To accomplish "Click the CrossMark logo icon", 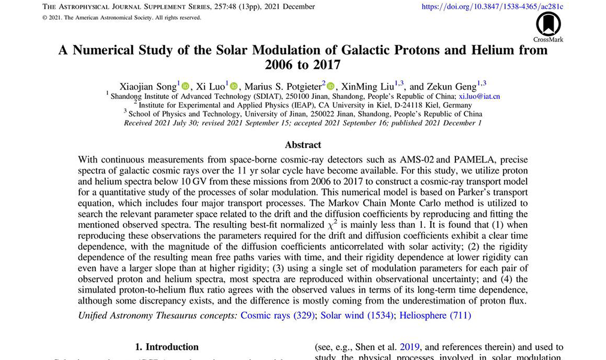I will point(548,24).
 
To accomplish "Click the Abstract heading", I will point(303,145).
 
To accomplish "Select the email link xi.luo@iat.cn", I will point(479,95).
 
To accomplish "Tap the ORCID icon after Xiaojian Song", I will point(185,86).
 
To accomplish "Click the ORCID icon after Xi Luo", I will point(234,86).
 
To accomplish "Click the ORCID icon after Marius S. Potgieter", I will point(331,86).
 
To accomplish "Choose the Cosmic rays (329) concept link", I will point(278,315).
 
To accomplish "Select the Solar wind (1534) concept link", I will point(357,315).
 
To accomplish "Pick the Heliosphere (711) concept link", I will point(435,315).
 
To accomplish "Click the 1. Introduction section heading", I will point(166,347).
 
